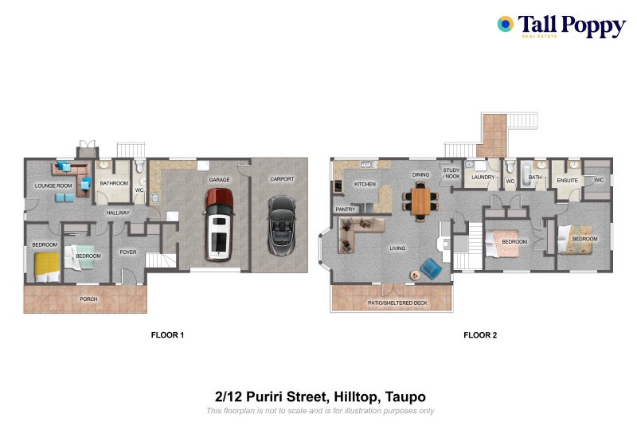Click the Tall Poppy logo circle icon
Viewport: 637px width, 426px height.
pos(505,24)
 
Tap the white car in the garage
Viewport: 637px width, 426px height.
pos(219,233)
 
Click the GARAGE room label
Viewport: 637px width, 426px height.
pos(219,180)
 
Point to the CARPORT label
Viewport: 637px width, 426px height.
pos(281,179)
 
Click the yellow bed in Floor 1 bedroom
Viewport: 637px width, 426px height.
pos(46,264)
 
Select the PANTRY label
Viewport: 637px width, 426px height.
pos(345,209)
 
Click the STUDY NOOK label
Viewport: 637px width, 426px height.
pos(451,173)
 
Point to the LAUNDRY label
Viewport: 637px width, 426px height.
pos(483,178)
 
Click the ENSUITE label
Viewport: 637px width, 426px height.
pos(566,180)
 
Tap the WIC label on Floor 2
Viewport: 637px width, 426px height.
pos(599,180)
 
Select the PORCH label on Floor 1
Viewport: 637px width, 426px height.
pos(88,299)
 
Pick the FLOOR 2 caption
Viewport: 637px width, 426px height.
pos(480,335)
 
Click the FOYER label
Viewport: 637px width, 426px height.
pos(128,252)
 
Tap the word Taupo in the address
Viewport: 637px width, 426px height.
pos(408,396)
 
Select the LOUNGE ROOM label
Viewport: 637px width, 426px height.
pos(53,186)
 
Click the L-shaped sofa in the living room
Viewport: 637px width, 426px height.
pos(356,236)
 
